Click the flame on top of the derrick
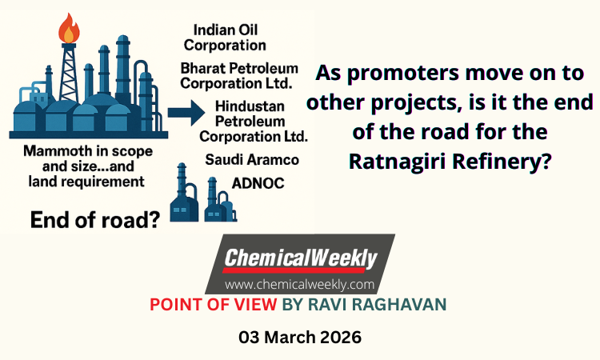[x=69, y=28]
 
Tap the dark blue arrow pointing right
[x=186, y=113]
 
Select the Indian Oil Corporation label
[x=225, y=38]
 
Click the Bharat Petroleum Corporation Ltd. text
[x=238, y=76]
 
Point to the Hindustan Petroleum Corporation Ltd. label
[x=254, y=122]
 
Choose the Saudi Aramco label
[x=252, y=159]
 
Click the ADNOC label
[x=258, y=184]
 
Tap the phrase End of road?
[x=95, y=220]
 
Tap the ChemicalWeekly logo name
[x=301, y=258]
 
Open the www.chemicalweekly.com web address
[x=300, y=285]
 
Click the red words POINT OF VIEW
[x=213, y=305]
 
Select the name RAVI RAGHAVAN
[x=377, y=305]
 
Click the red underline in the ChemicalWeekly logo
[x=294, y=270]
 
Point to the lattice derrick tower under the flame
[x=69, y=73]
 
